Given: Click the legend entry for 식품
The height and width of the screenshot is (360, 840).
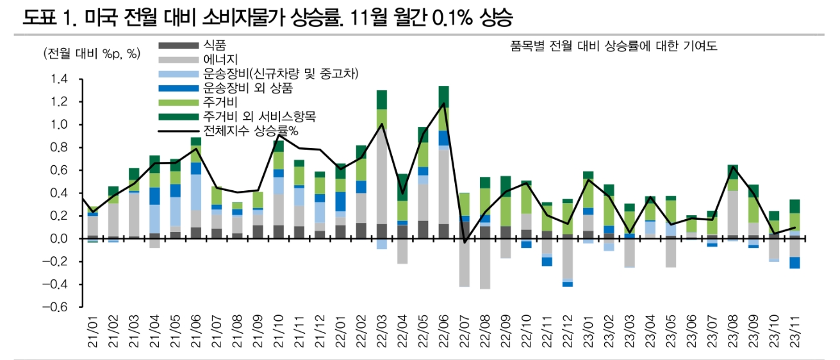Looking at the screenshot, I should (211, 45).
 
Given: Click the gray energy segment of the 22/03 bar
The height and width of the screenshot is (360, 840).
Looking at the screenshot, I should (382, 173).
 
